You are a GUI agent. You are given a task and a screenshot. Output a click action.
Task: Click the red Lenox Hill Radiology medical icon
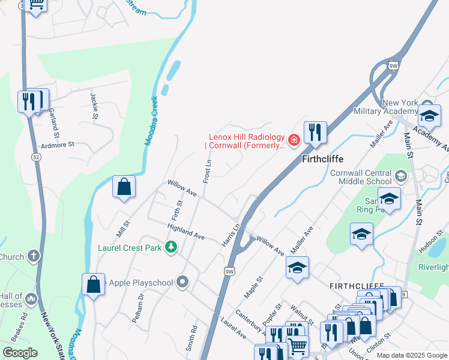click(294, 140)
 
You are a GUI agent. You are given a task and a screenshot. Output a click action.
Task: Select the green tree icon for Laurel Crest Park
click(171, 247)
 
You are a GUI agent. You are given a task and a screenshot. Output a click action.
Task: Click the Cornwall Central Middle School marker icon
click(400, 176)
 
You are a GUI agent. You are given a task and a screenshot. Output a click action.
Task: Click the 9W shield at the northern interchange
click(394, 65)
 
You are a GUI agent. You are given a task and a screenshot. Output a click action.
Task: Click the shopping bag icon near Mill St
click(124, 187)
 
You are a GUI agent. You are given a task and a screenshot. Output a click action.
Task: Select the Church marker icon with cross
click(33, 256)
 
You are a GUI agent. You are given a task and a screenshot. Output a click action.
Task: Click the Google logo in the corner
click(20, 353)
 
